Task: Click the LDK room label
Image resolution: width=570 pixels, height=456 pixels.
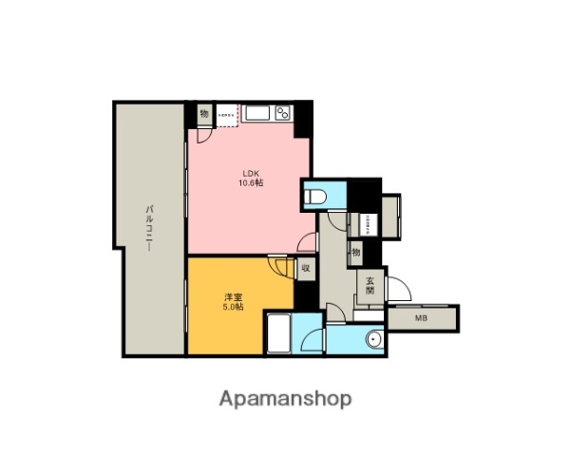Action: click(x=250, y=173)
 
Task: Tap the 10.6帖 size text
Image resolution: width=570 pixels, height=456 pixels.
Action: click(x=250, y=183)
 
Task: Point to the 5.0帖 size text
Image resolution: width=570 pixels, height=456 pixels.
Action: click(x=232, y=308)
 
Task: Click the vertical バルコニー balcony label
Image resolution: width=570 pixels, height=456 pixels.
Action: click(x=149, y=228)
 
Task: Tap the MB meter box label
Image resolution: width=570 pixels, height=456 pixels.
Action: click(x=421, y=317)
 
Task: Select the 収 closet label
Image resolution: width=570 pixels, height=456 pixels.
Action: click(x=305, y=269)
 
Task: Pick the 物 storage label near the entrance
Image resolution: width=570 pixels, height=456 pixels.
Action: click(x=355, y=253)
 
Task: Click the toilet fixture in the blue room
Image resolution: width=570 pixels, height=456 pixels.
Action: click(x=316, y=197)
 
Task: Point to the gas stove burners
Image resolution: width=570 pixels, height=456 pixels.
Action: click(x=281, y=114)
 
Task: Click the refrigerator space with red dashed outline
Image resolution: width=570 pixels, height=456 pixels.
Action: click(x=226, y=115)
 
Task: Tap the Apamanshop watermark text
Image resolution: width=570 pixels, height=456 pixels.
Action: click(x=285, y=398)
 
